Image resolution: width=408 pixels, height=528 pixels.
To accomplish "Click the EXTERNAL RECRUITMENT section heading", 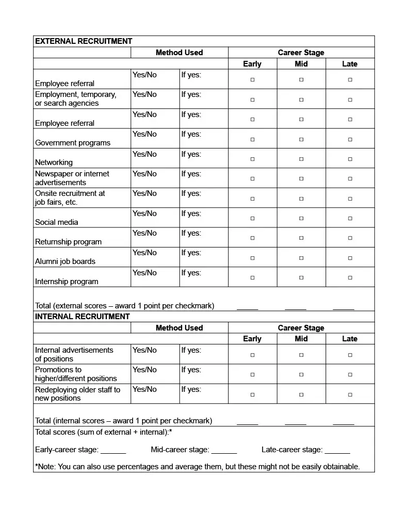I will click(x=84, y=41).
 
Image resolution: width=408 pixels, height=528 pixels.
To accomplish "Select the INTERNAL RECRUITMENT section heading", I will click(x=83, y=317).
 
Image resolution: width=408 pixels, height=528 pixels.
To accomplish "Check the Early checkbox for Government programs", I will click(x=253, y=139).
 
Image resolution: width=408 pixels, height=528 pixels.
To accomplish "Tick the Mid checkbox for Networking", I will click(x=301, y=159).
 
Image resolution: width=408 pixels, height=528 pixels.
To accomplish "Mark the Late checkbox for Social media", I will click(x=350, y=218).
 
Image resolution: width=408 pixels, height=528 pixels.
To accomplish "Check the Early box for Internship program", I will click(x=253, y=277).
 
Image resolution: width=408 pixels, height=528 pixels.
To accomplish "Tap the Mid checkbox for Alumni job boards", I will click(x=301, y=258).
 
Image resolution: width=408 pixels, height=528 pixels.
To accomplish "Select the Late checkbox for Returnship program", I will click(x=350, y=238).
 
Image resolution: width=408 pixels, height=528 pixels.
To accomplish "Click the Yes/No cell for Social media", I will click(x=145, y=213).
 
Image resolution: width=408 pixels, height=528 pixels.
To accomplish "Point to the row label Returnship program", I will click(x=68, y=242).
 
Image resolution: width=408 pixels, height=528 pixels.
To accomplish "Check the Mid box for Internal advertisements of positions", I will click(x=301, y=355).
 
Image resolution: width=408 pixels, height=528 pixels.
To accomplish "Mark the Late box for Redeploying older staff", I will click(x=350, y=394).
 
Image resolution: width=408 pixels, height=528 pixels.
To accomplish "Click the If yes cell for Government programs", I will click(x=191, y=135).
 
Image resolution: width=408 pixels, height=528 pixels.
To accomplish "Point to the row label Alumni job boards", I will click(x=65, y=261).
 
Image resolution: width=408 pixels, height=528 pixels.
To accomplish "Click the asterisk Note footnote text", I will click(x=198, y=467).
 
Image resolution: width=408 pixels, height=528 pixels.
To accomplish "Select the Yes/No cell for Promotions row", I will click(x=145, y=370).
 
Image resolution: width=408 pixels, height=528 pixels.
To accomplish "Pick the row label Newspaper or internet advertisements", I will click(x=72, y=178).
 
